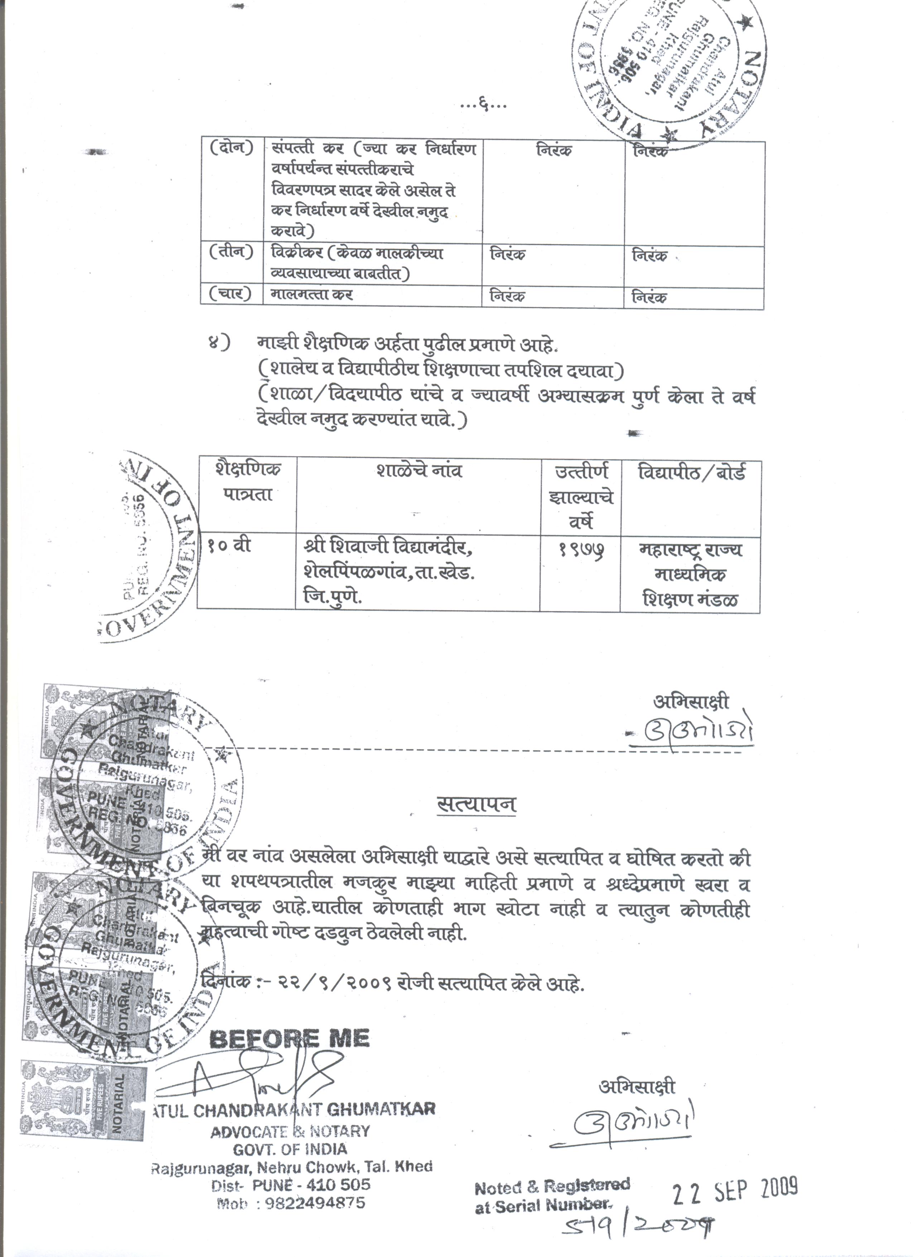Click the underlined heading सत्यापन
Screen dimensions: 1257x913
(477, 804)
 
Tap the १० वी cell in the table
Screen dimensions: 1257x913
(230, 546)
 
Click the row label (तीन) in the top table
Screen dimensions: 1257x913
(231, 252)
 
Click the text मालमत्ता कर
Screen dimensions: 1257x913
(311, 295)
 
